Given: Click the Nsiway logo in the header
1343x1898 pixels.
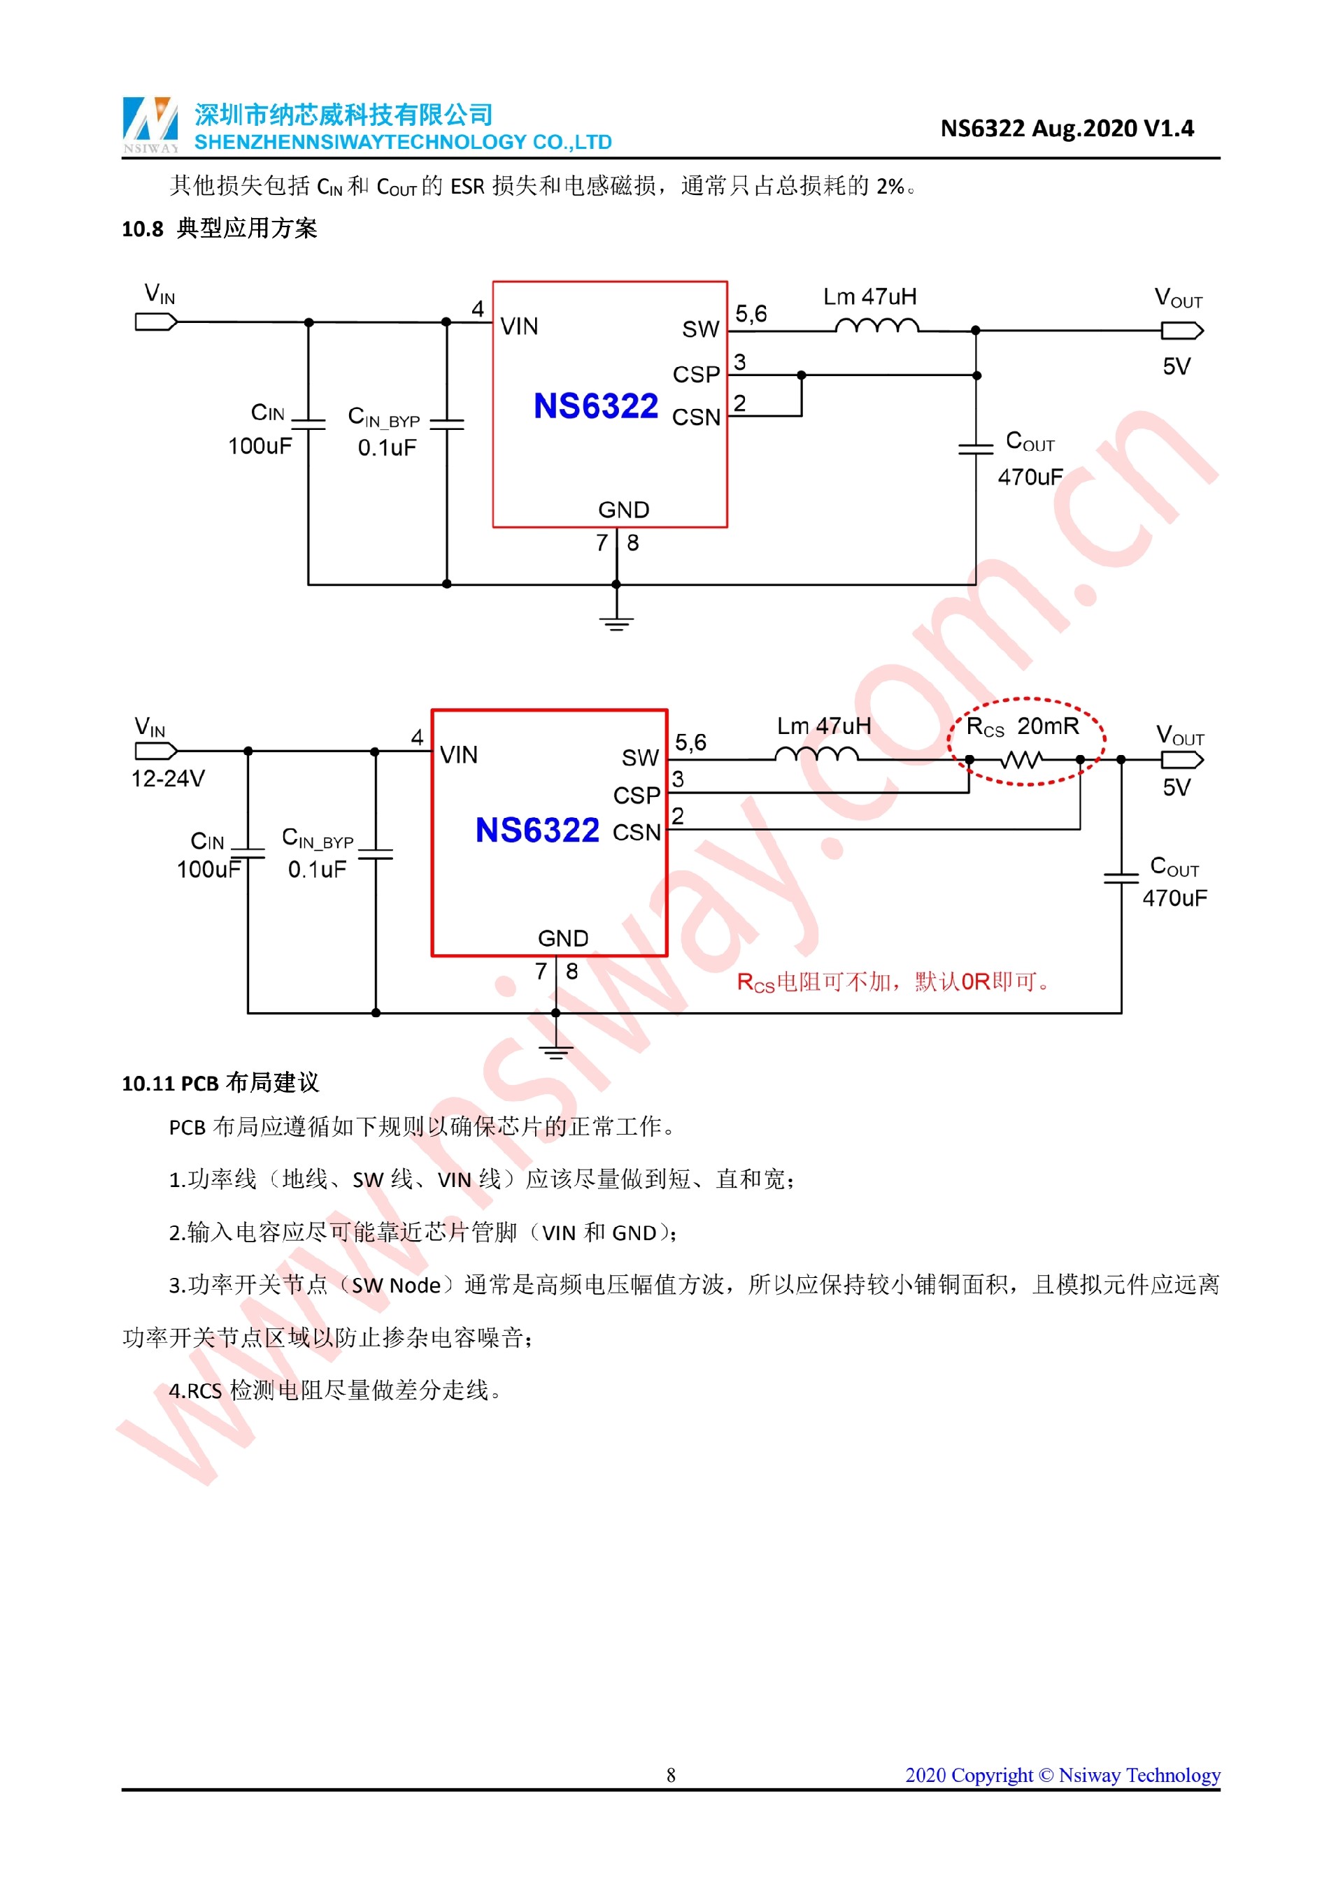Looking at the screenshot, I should coord(150,124).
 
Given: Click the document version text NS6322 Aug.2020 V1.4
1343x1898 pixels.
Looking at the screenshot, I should coord(1066,128).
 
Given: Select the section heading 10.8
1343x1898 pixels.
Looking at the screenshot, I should coord(219,228).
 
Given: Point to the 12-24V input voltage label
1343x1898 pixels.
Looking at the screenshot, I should coord(168,779).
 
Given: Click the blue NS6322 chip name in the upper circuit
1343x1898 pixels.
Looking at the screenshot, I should coord(595,406).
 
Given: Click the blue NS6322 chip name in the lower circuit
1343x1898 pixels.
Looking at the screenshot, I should coord(537,830).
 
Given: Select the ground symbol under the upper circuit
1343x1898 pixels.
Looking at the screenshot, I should coord(616,621).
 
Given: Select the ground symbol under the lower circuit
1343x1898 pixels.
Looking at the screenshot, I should coord(555,1051).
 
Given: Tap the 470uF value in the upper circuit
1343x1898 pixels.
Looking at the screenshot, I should coord(1030,477).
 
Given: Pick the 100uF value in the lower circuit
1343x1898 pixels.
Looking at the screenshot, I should coord(208,870).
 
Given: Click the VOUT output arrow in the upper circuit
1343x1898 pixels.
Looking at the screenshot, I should coord(1181,331).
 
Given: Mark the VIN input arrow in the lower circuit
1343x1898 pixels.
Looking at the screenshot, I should coord(155,751).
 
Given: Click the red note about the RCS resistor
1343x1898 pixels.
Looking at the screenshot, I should coord(893,982).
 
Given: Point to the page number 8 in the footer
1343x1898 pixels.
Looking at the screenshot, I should coord(671,1775).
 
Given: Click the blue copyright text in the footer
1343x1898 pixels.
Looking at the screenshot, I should coord(1062,1775).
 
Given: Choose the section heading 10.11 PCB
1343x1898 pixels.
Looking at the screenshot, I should coord(220,1083).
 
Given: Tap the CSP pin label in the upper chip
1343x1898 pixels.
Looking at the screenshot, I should coord(695,375).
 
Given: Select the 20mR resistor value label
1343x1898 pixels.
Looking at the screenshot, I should coord(1048,726).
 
